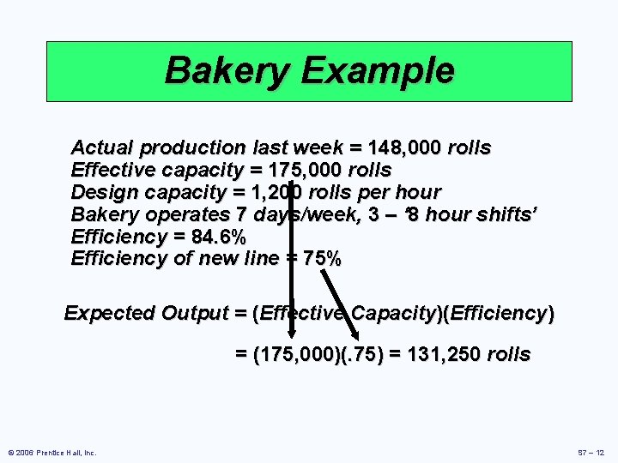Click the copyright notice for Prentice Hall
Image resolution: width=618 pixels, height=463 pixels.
[52, 453]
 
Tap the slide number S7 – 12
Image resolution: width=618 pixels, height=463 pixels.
[592, 453]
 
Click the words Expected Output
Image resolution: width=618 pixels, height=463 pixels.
[143, 313]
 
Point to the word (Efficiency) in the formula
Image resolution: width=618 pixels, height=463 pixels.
[498, 313]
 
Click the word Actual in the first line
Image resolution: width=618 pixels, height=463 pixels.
[96, 147]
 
